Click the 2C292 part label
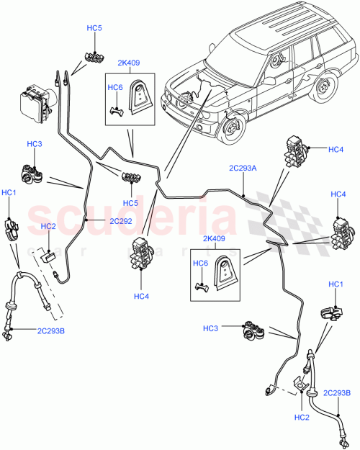[120, 222]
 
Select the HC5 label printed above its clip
[94, 28]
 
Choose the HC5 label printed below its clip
[130, 203]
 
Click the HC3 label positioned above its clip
[34, 145]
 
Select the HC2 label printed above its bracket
[48, 227]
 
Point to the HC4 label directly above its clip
[338, 195]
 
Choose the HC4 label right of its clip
[336, 149]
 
